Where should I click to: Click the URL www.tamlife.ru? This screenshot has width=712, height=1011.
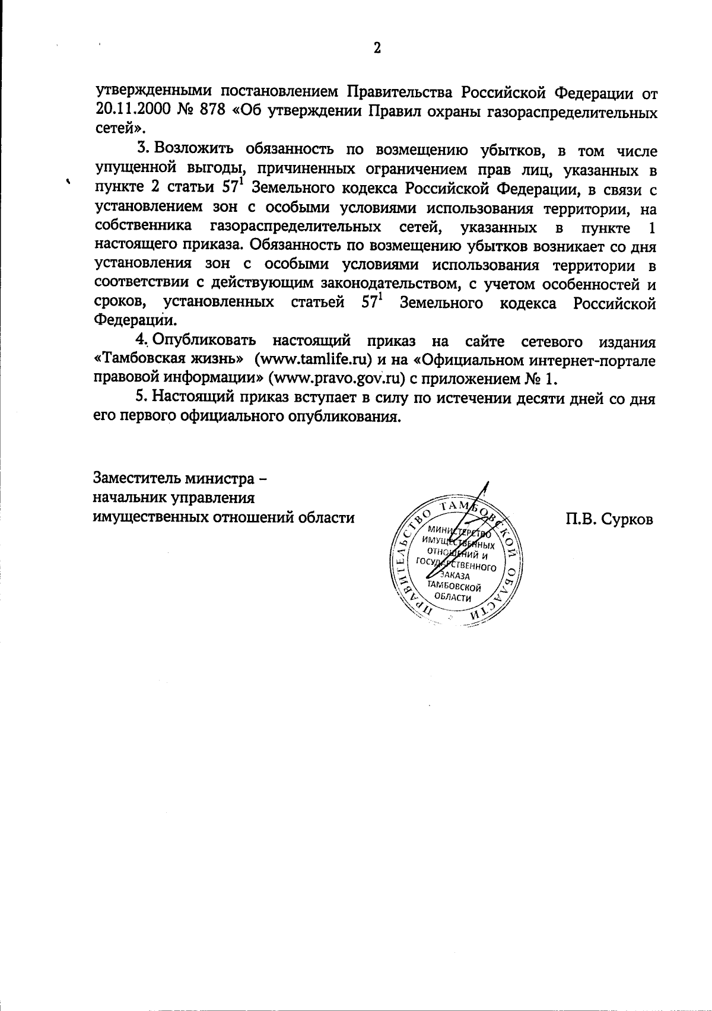click(312, 360)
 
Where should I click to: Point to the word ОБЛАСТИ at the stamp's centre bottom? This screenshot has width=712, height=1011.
click(454, 597)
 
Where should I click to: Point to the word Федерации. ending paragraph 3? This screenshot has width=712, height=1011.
click(136, 321)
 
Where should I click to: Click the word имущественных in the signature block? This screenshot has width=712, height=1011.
click(152, 517)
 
